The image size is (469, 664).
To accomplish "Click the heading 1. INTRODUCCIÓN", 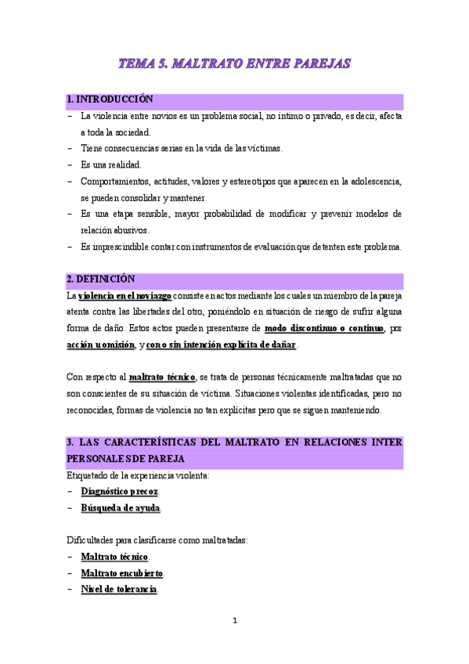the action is click(110, 100).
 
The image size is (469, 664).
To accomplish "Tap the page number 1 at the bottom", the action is click(235, 621).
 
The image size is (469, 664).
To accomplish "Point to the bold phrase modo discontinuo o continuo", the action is click(324, 328).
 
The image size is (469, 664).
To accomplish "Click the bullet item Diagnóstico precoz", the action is click(120, 491).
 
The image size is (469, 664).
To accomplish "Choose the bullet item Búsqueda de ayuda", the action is click(121, 507).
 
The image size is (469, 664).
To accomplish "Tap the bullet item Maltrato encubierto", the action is click(122, 573).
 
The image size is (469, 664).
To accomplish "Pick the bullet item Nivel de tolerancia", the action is click(119, 590).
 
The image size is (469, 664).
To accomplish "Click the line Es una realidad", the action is click(111, 164).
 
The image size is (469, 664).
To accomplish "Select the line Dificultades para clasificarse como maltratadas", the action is click(157, 540).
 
